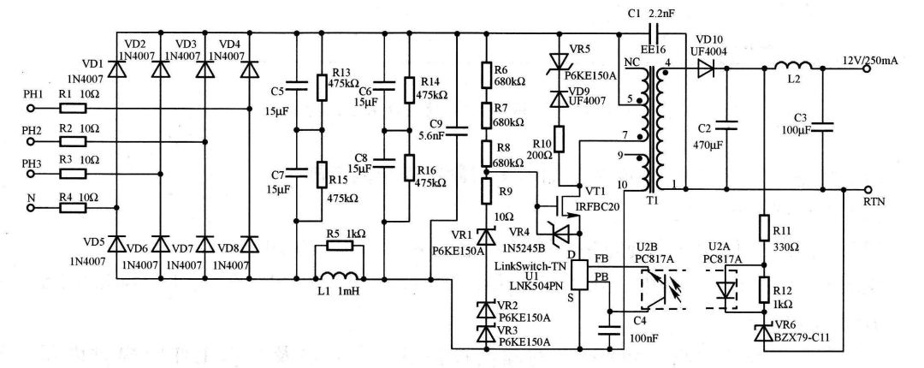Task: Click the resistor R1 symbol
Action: pos(72,110)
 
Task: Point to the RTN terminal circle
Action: pos(869,188)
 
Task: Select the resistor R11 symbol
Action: pos(761,227)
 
